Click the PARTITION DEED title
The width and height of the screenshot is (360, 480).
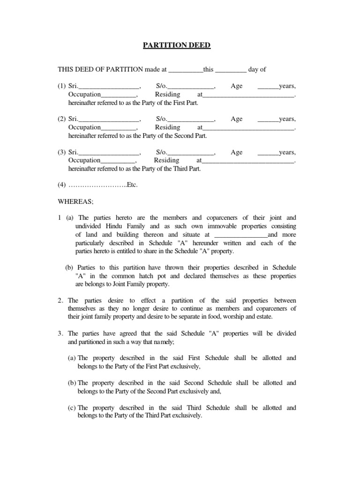coord(177,45)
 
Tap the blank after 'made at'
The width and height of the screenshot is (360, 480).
coord(186,70)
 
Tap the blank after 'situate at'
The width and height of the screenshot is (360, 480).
coord(240,235)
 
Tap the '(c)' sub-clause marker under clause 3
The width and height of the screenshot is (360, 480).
coord(72,408)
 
